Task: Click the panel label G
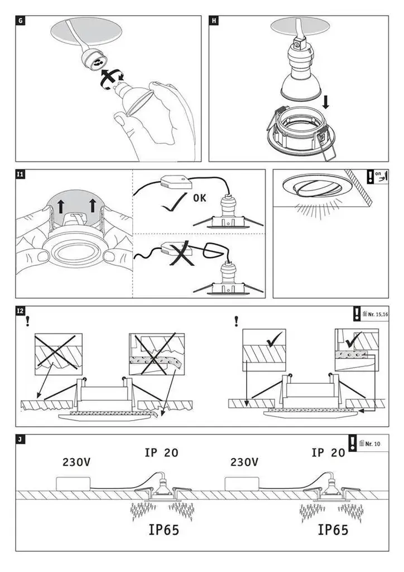click(21, 21)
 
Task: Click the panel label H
click(214, 21)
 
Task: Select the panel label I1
click(21, 175)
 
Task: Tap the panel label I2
click(21, 311)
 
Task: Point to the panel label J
click(21, 439)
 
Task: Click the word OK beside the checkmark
click(200, 198)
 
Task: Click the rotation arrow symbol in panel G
click(111, 80)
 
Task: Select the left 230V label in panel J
click(76, 463)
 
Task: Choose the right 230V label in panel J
click(244, 463)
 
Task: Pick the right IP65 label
click(333, 530)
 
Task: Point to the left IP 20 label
click(161, 452)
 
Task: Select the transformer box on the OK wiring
click(175, 182)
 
